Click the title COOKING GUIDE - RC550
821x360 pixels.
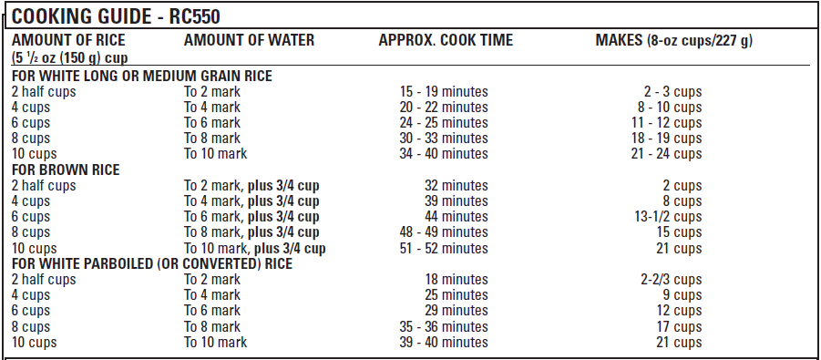tap(116, 16)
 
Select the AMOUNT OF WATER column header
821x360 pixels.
tap(249, 40)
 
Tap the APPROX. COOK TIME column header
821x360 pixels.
tap(446, 40)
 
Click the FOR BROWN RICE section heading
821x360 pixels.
tap(66, 170)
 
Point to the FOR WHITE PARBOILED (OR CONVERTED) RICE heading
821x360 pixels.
tap(152, 264)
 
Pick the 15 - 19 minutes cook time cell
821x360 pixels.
tap(444, 92)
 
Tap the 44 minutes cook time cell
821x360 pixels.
tap(457, 217)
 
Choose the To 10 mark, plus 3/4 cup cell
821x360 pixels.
tap(255, 248)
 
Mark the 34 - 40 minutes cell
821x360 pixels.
tap(444, 154)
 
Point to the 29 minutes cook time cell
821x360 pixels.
tap(457, 311)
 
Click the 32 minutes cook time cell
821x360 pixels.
tap(457, 186)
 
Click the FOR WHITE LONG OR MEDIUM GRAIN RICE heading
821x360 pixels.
tap(142, 76)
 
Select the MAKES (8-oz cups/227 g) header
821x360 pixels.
tap(673, 40)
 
